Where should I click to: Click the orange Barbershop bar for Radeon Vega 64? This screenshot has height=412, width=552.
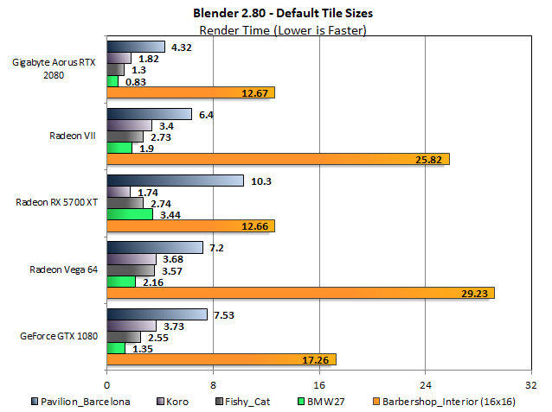[x=299, y=293]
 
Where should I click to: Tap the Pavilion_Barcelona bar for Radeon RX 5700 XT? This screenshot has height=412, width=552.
[x=175, y=181]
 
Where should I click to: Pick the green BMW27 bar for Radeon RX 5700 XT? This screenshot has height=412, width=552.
[x=129, y=213]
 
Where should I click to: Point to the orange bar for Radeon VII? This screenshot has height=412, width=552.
[x=278, y=159]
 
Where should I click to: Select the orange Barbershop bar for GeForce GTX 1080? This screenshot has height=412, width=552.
[x=221, y=359]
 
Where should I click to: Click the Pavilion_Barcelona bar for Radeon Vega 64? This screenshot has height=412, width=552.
[x=154, y=247]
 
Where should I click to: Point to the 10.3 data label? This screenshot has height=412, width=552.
[x=260, y=181]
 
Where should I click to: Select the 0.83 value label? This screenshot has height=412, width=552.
[x=134, y=80]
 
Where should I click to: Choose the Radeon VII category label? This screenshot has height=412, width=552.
[x=71, y=135]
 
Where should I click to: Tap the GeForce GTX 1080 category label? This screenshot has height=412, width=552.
[x=57, y=335]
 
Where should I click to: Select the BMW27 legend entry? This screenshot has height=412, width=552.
[x=324, y=401]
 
